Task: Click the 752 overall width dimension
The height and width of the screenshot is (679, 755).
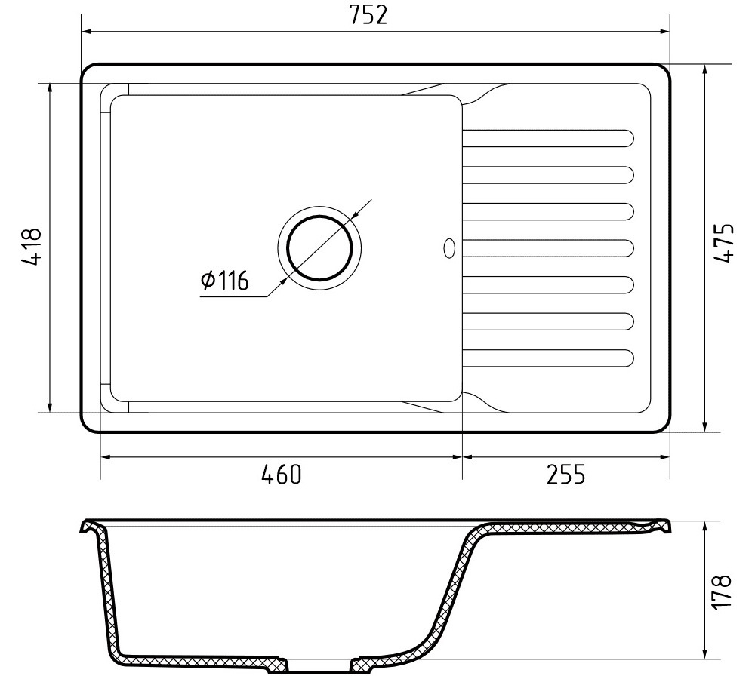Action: [368, 15]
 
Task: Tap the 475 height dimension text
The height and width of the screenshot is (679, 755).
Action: [723, 242]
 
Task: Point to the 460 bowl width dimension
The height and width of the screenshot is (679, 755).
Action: [281, 474]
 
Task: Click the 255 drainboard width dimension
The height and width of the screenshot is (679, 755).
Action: [565, 474]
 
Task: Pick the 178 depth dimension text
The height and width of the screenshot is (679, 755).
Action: [722, 592]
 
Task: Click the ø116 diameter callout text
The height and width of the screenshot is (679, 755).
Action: [224, 281]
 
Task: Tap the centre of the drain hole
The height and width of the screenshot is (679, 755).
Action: [319, 248]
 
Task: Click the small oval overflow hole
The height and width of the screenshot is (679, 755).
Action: [449, 247]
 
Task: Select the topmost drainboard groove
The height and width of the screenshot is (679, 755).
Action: [548, 137]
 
